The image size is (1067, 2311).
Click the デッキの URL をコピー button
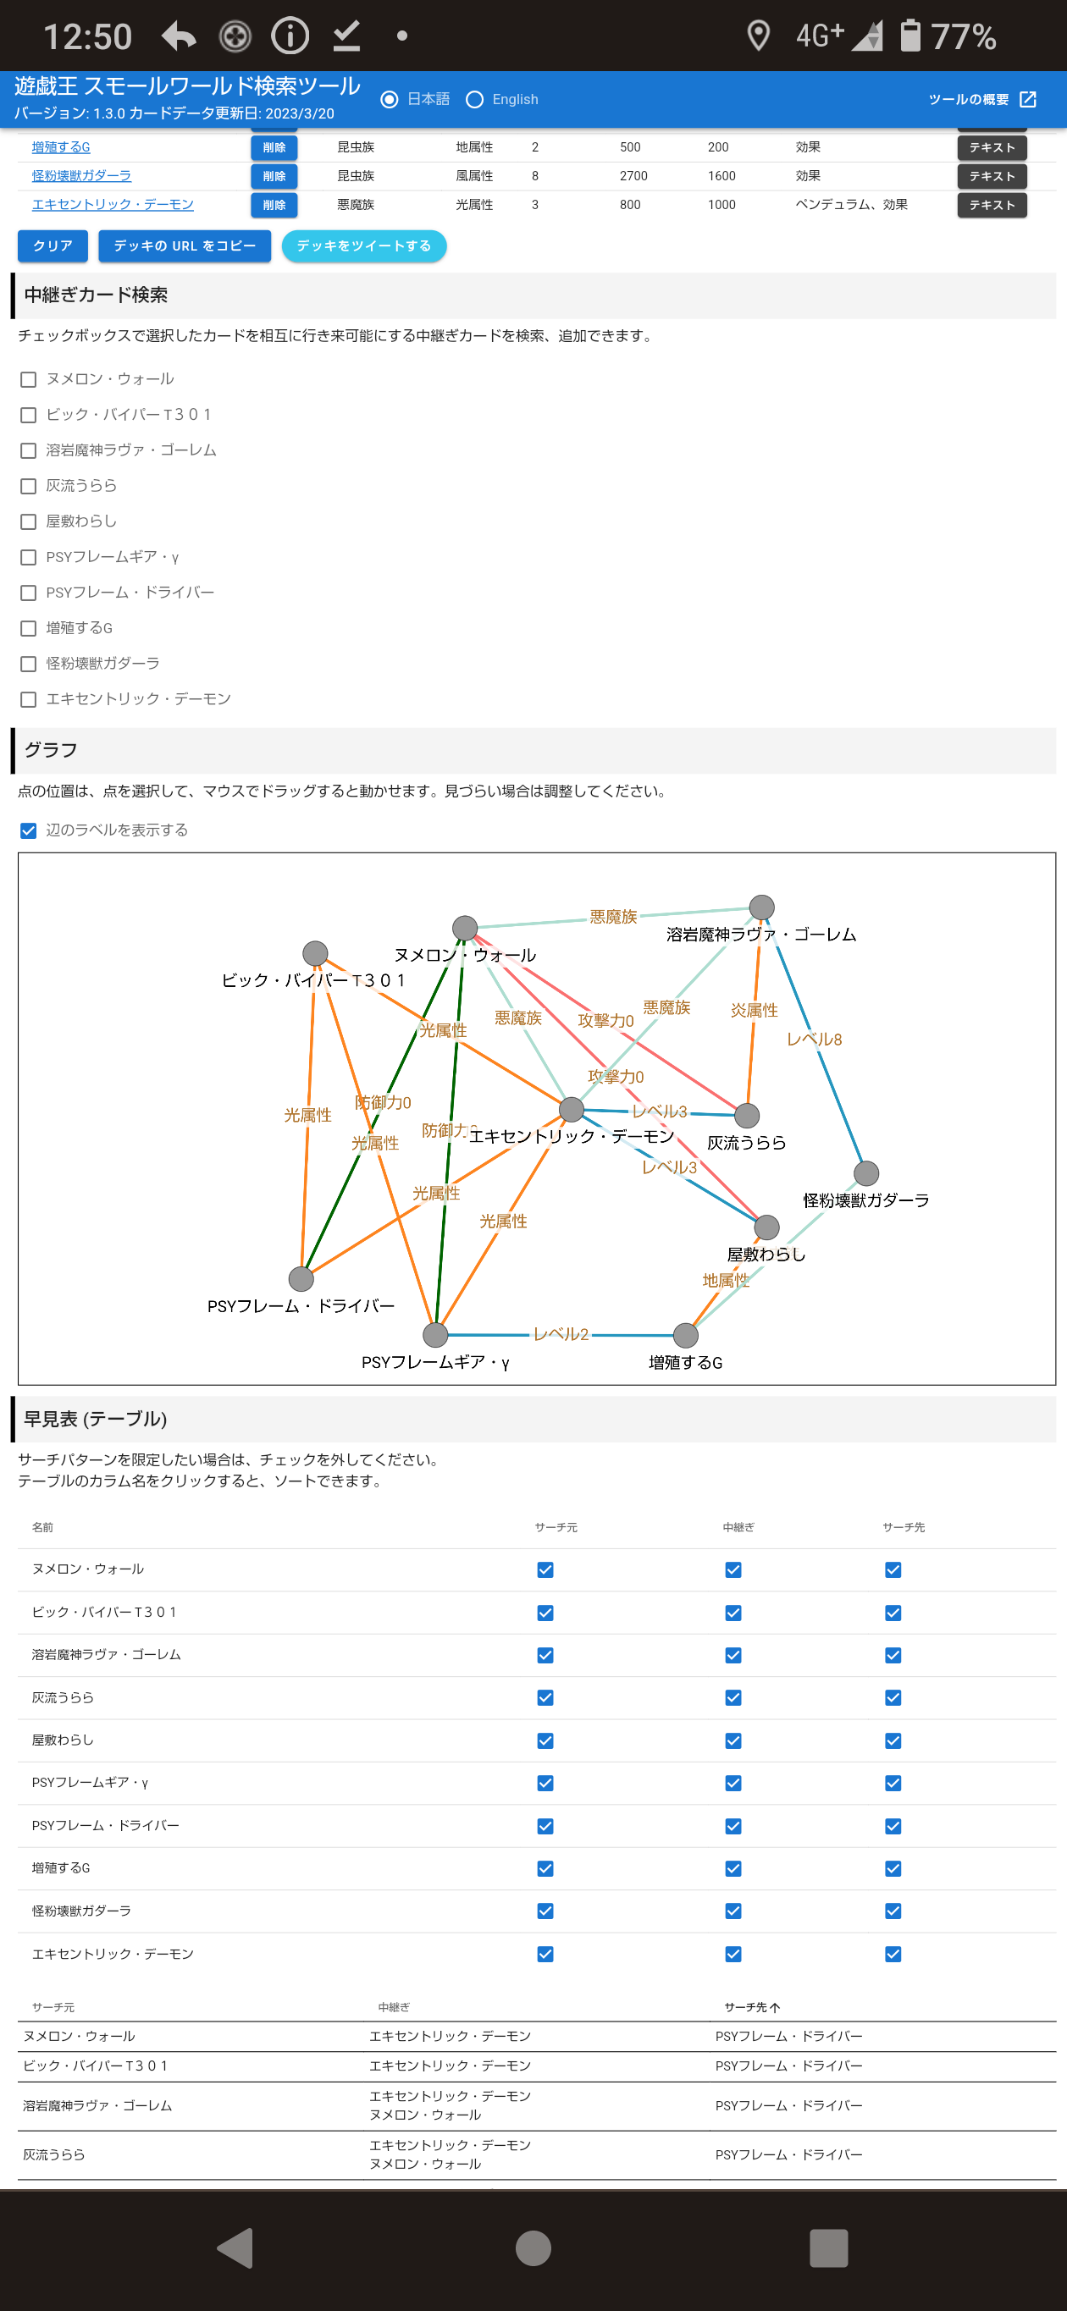point(184,245)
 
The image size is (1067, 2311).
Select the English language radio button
point(475,100)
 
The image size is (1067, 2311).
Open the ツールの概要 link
point(981,100)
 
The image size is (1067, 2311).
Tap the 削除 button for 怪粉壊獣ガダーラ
point(274,177)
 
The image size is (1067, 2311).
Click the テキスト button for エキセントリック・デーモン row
point(991,206)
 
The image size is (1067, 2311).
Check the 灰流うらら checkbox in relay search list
point(29,486)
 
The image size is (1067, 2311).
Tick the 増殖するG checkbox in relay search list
point(29,628)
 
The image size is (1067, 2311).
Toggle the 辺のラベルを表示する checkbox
point(29,830)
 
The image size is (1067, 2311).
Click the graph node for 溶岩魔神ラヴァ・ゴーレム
point(761,907)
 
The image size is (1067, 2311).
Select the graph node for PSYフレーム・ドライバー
point(301,1278)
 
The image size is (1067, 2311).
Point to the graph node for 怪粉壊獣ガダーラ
point(865,1172)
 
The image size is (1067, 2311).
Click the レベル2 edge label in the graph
point(561,1334)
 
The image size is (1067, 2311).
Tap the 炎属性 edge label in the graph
point(754,1010)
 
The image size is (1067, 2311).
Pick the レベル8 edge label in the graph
point(814,1040)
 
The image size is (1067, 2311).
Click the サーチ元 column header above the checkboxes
point(556,1527)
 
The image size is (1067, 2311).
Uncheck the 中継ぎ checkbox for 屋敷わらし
point(733,1740)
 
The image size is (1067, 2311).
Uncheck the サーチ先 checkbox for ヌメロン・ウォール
point(893,1570)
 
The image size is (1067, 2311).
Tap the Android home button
point(533,2248)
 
